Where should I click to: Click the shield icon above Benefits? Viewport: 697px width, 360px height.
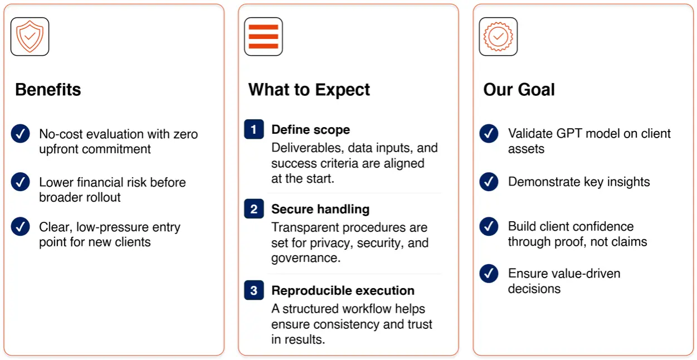(x=30, y=36)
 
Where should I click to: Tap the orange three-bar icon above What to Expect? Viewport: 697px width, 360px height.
(x=264, y=36)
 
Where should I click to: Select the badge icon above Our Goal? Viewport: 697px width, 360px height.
(x=498, y=36)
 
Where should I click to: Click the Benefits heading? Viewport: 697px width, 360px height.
(x=48, y=90)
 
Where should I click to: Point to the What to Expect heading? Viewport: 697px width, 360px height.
(x=309, y=90)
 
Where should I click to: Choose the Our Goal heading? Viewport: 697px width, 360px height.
(x=519, y=90)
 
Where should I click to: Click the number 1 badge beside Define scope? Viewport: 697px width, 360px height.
(x=254, y=129)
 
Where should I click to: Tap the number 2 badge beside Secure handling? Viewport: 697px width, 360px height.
(x=254, y=208)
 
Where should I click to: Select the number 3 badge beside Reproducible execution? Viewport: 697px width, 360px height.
(x=254, y=290)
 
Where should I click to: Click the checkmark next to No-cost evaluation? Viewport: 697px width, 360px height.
(x=21, y=134)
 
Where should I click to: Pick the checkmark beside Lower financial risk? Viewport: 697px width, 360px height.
(x=21, y=182)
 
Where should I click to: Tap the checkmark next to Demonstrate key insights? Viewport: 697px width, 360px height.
(x=489, y=182)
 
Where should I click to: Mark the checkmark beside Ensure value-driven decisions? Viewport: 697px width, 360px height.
(x=489, y=274)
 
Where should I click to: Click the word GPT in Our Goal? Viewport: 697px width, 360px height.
(x=569, y=134)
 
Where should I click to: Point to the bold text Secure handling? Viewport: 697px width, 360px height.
(x=320, y=209)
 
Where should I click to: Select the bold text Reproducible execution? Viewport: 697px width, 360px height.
(x=343, y=290)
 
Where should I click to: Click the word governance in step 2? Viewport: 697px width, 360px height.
(x=306, y=258)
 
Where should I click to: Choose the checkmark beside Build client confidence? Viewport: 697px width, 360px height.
(x=489, y=226)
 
